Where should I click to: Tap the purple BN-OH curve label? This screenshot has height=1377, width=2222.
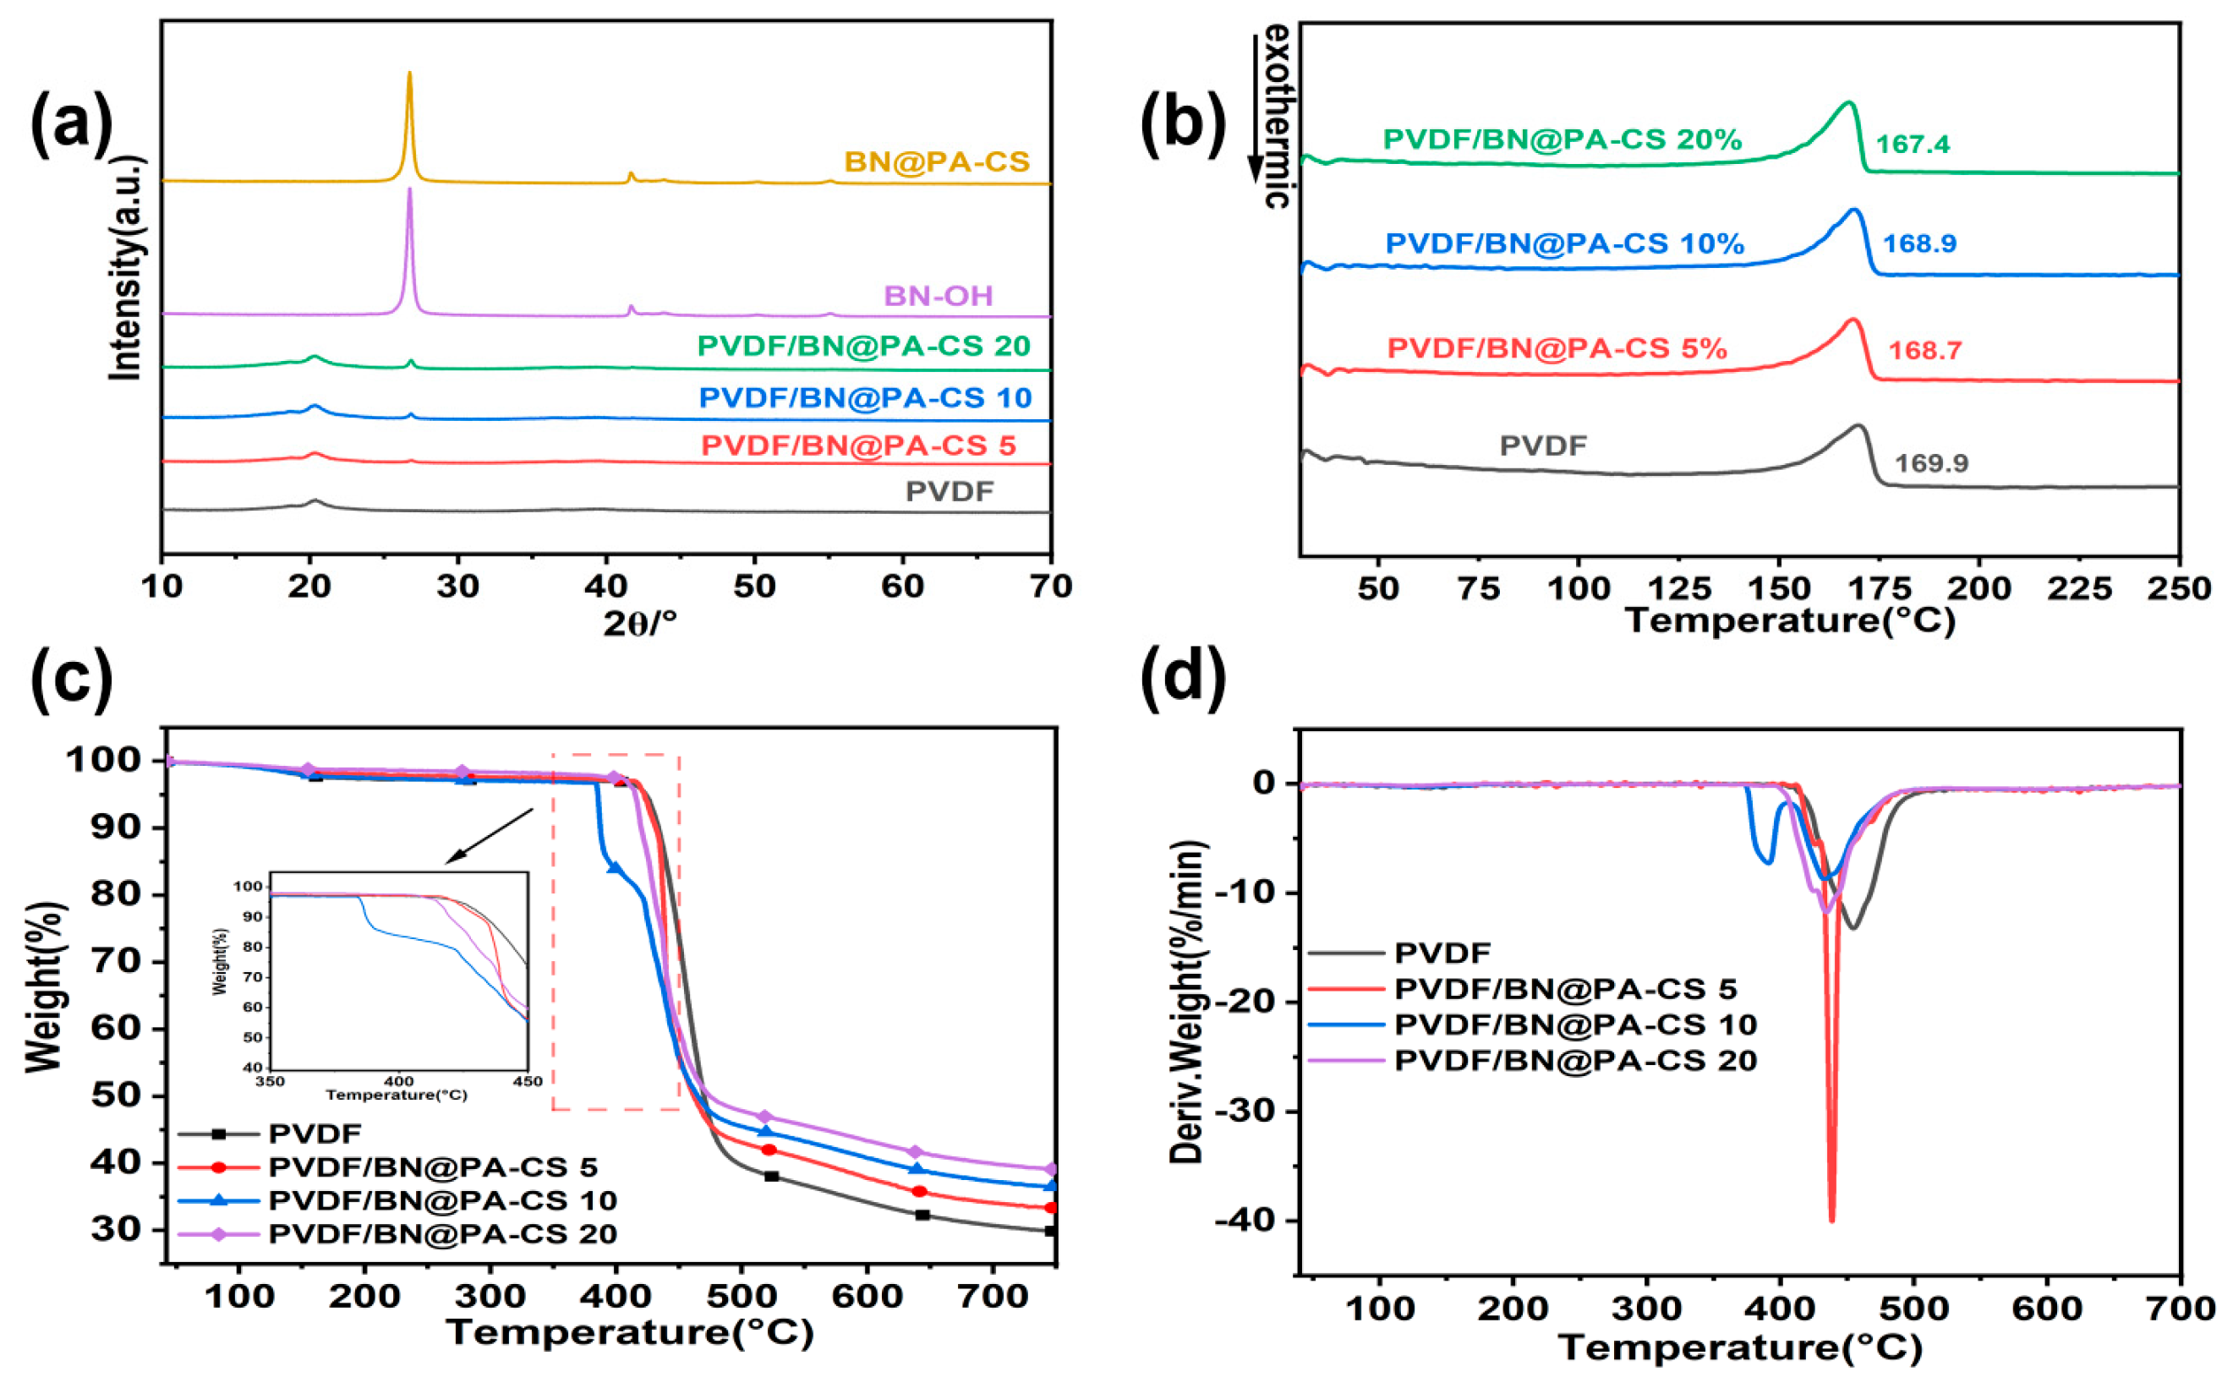938,296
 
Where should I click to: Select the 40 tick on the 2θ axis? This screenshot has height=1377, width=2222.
605,587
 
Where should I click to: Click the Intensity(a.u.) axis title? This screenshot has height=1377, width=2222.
127,269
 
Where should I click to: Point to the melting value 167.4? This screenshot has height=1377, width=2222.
1913,144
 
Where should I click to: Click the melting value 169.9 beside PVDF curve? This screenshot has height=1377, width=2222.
1931,462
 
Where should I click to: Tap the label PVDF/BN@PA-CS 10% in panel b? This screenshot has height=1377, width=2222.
1564,244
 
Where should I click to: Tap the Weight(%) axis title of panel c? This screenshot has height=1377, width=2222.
45,987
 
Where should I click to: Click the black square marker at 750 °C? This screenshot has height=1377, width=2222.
1050,1231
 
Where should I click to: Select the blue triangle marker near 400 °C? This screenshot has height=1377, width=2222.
615,868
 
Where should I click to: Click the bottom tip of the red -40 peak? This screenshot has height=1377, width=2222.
1831,1221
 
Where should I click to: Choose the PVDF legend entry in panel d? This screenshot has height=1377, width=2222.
1442,953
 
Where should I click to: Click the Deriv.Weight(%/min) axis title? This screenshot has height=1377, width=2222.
1186,1002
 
